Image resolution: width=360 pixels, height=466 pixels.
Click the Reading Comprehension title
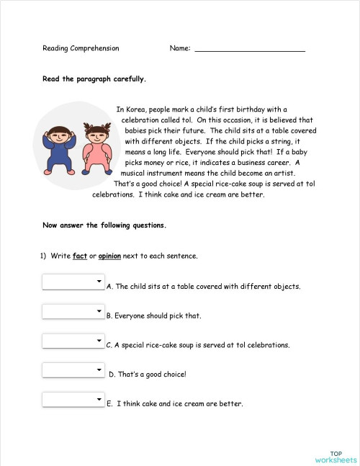pos(81,48)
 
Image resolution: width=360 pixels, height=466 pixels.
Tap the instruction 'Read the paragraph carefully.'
pos(94,79)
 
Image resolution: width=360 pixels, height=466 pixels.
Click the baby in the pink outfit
pos(96,147)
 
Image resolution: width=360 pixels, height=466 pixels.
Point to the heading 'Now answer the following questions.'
pos(104,225)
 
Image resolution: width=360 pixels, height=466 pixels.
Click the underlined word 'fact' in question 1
pos(79,256)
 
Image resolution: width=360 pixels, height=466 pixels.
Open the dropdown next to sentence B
pos(73,311)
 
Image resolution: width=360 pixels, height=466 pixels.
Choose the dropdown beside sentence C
pos(73,341)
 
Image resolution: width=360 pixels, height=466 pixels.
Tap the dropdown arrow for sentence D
pos(99,369)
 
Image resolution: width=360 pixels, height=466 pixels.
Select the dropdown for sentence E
pos(73,399)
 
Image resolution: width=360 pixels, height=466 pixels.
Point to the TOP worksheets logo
pos(335,455)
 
